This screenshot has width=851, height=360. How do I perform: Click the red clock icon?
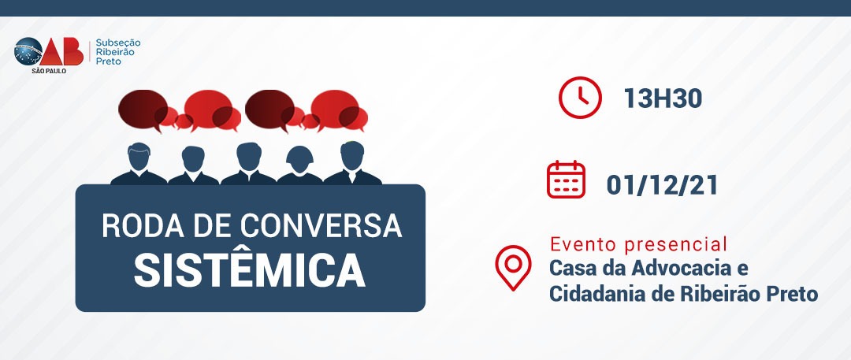click(580, 98)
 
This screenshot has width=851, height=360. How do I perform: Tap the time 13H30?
click(663, 98)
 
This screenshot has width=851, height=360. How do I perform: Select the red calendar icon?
click(566, 180)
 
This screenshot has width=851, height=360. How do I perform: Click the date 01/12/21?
click(662, 185)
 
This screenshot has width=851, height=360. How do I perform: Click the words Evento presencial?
click(638, 244)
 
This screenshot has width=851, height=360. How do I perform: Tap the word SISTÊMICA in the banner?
click(250, 270)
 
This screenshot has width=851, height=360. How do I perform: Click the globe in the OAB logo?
click(28, 51)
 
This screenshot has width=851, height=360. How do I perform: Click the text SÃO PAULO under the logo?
click(49, 71)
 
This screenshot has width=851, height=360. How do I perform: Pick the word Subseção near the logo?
click(117, 43)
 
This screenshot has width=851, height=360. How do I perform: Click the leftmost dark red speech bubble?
click(143, 109)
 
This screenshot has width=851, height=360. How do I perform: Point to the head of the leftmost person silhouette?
click(139, 156)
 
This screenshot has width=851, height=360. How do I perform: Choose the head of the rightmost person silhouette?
click(352, 155)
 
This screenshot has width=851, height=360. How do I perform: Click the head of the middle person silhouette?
click(248, 156)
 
